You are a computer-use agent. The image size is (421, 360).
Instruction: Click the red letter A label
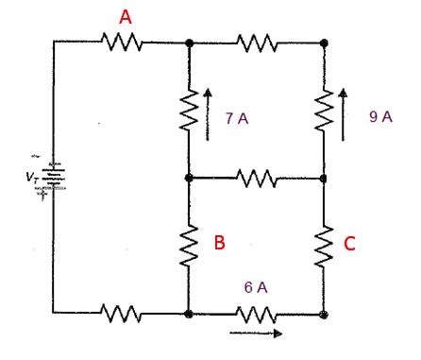[x=126, y=17]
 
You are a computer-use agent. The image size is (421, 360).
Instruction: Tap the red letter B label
[x=219, y=243]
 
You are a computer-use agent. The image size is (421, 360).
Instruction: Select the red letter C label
[x=349, y=244]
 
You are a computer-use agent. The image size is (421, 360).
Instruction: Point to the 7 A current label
[x=236, y=119]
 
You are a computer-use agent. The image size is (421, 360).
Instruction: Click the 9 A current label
[x=380, y=117]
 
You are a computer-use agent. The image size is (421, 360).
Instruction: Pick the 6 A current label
[x=255, y=287]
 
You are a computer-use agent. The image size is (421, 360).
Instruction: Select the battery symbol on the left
[x=54, y=177]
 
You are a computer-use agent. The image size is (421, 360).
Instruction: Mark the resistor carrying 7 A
[x=190, y=110]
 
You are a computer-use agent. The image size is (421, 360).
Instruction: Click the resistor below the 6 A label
[x=256, y=314]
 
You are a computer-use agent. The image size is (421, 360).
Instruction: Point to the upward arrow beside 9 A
[x=343, y=114]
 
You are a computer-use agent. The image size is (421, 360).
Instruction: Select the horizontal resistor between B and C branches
[x=256, y=178]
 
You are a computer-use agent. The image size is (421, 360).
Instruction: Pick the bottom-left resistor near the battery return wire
[x=121, y=314]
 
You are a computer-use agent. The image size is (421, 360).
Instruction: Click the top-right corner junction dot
[x=325, y=43]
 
